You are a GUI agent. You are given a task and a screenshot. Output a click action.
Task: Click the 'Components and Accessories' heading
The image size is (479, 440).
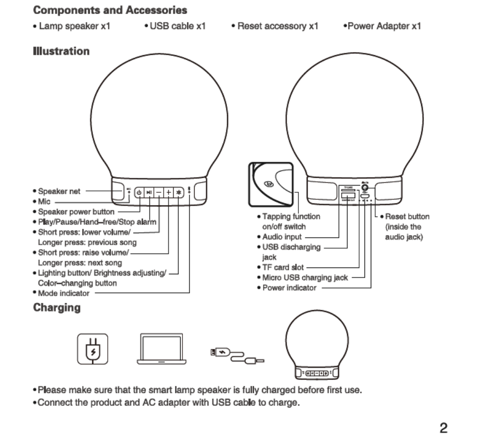(x=110, y=10)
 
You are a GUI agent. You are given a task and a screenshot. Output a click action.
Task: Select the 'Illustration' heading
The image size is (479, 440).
(x=61, y=51)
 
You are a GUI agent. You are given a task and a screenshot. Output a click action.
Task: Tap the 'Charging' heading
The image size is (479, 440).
(x=56, y=307)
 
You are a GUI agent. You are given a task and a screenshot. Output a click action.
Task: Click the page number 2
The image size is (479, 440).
(x=443, y=428)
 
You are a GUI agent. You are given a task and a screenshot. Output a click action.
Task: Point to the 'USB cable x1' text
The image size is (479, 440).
(x=175, y=26)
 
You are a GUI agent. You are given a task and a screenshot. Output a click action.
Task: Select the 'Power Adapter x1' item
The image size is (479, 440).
(x=381, y=26)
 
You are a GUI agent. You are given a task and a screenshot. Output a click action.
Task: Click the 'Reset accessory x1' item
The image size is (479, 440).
(x=275, y=26)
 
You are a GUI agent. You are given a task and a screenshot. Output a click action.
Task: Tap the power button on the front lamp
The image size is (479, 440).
(x=140, y=192)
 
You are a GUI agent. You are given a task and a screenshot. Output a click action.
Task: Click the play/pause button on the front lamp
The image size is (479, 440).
(x=149, y=192)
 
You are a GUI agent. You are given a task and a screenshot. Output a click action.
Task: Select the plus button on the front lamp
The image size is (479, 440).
(x=168, y=192)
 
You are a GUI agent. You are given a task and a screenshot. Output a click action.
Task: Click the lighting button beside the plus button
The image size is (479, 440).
(x=178, y=192)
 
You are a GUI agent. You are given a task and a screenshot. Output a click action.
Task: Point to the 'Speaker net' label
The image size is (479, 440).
(x=59, y=191)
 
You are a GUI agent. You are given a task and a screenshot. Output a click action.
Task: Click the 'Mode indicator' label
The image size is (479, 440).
(x=63, y=293)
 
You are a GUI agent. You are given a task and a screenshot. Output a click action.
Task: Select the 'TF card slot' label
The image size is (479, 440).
(x=282, y=267)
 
